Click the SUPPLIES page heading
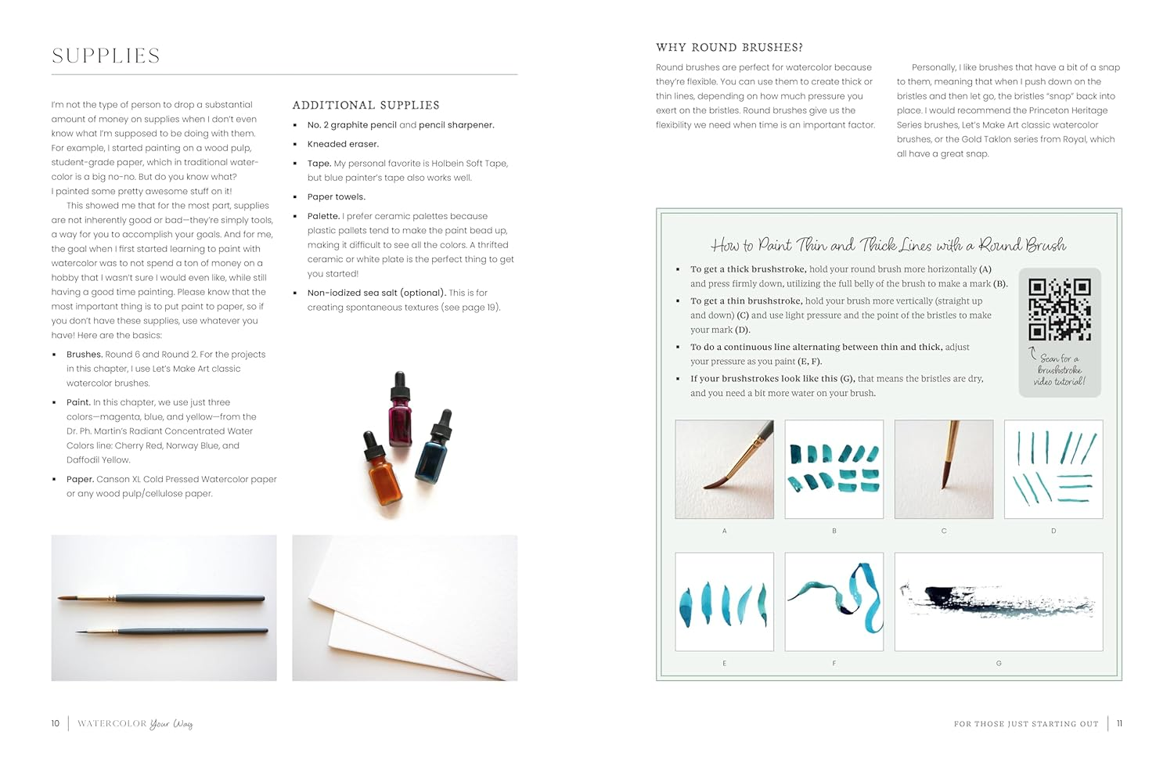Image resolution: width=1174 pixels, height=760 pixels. [106, 56]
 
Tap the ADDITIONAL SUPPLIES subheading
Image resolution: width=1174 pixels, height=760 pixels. [366, 105]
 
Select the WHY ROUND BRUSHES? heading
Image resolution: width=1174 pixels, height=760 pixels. [729, 48]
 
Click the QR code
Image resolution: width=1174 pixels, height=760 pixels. [1060, 309]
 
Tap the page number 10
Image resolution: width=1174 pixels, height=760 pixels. [56, 723]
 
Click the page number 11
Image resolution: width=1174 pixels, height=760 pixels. [1119, 723]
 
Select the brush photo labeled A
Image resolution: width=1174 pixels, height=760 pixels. [724, 469]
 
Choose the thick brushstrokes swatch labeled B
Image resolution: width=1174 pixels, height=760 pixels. [834, 469]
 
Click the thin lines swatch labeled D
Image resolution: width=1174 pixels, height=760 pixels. [1053, 469]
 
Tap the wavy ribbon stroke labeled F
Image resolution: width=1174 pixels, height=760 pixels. [834, 601]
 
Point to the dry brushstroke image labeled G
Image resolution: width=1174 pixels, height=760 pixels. [998, 601]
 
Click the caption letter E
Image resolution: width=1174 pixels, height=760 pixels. [724, 663]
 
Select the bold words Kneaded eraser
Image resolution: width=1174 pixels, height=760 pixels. [343, 144]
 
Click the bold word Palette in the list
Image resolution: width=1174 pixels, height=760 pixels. [323, 216]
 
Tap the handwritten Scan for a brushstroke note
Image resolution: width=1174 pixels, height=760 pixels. [1060, 369]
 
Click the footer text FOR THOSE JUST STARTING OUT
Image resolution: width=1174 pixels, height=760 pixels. [1026, 724]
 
